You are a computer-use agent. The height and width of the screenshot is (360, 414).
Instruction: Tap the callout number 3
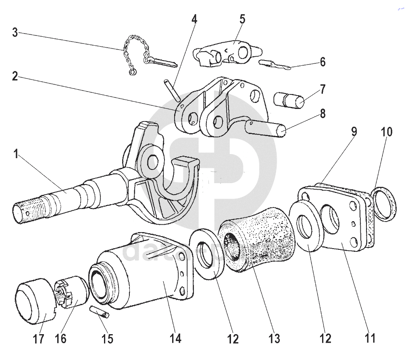pos(15,32)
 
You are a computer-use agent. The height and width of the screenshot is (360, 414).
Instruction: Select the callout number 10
pos(386,132)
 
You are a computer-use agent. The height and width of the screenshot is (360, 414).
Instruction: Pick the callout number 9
pos(354,132)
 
